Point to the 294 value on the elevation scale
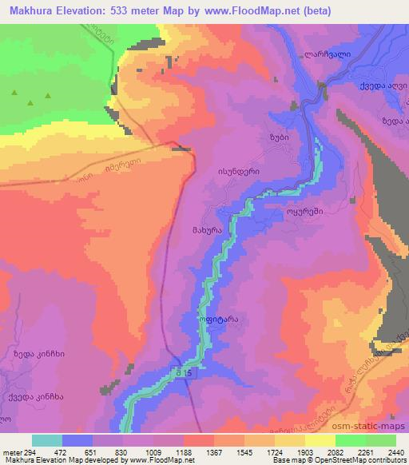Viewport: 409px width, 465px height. (23, 452)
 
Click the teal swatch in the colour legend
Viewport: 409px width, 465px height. (47, 440)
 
